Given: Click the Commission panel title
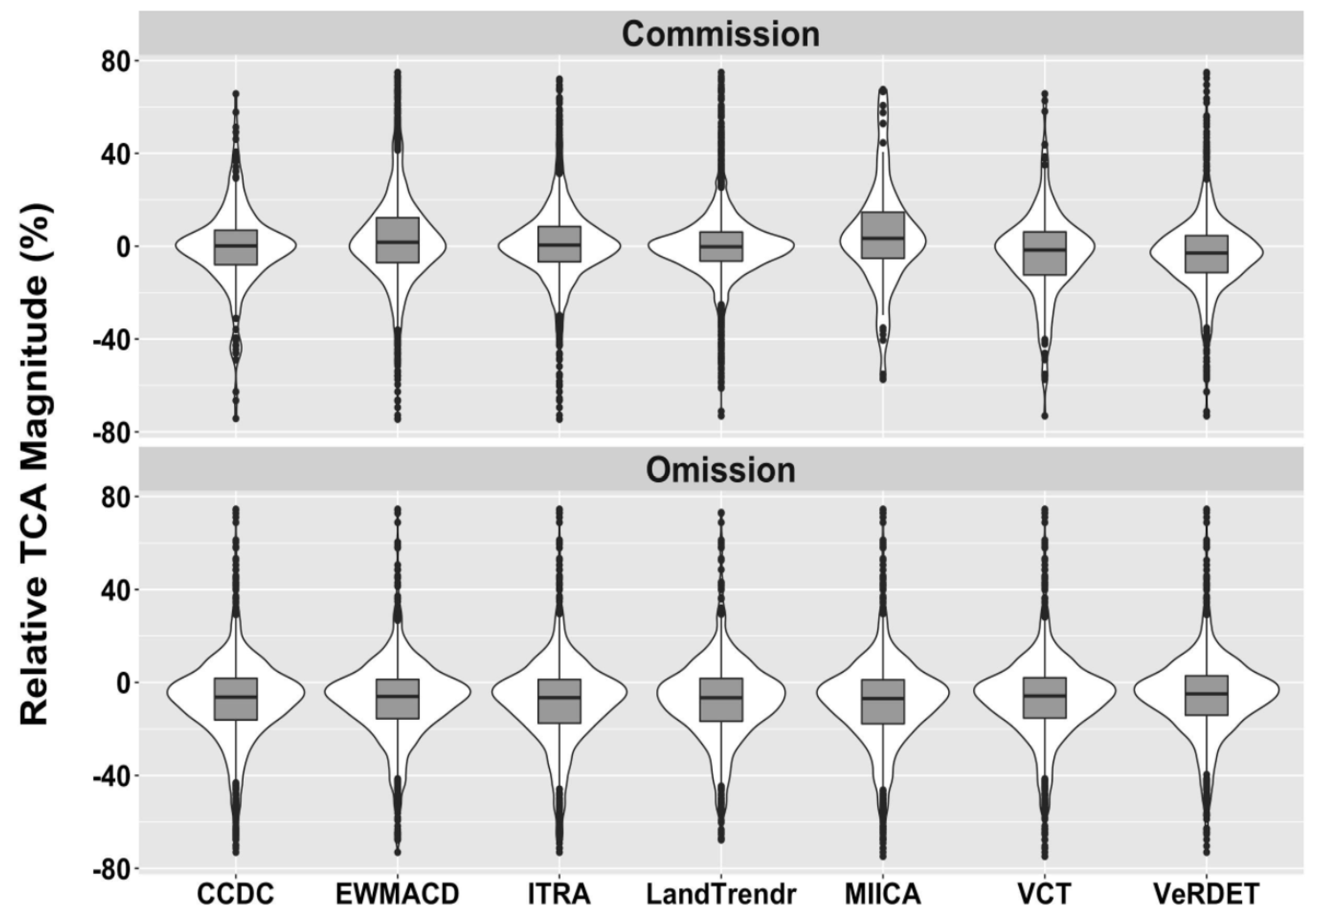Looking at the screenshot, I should click(x=720, y=35).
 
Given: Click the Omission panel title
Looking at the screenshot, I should click(x=720, y=470).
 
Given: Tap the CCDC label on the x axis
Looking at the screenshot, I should click(x=236, y=894).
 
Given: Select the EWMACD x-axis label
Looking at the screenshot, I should click(x=397, y=894).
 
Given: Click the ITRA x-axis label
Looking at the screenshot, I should click(x=559, y=894).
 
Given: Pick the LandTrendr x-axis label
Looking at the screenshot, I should click(x=721, y=894).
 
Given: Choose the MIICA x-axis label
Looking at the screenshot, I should click(x=883, y=894).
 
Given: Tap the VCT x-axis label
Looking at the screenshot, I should click(x=1044, y=894).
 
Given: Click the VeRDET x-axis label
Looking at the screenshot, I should click(x=1206, y=894).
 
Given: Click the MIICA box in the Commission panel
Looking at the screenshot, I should click(x=883, y=235).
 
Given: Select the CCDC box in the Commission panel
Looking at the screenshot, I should click(x=236, y=247).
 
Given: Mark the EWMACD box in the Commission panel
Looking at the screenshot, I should click(x=397, y=240).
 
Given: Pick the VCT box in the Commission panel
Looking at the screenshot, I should click(x=1044, y=253).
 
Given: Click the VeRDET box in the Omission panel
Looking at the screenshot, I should click(x=1206, y=695).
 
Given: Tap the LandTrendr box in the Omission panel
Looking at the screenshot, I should click(x=721, y=700).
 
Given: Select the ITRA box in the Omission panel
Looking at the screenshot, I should click(x=559, y=701).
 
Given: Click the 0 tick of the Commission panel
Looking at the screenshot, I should click(x=124, y=247).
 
